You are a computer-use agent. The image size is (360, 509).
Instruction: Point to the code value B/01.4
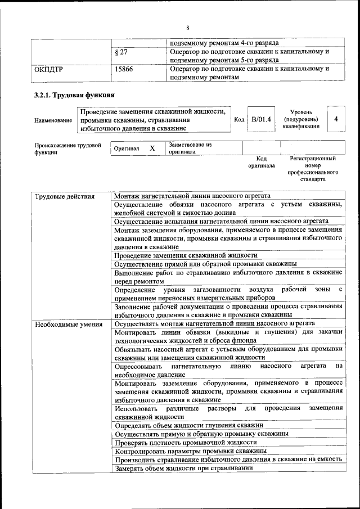261,120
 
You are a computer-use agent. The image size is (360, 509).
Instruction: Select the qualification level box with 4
336,120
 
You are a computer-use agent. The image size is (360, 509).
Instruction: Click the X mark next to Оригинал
152,148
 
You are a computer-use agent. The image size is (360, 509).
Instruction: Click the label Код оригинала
261,163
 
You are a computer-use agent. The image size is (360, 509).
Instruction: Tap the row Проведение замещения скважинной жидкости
186,255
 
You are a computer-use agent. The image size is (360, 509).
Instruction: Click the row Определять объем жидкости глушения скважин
188,425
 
